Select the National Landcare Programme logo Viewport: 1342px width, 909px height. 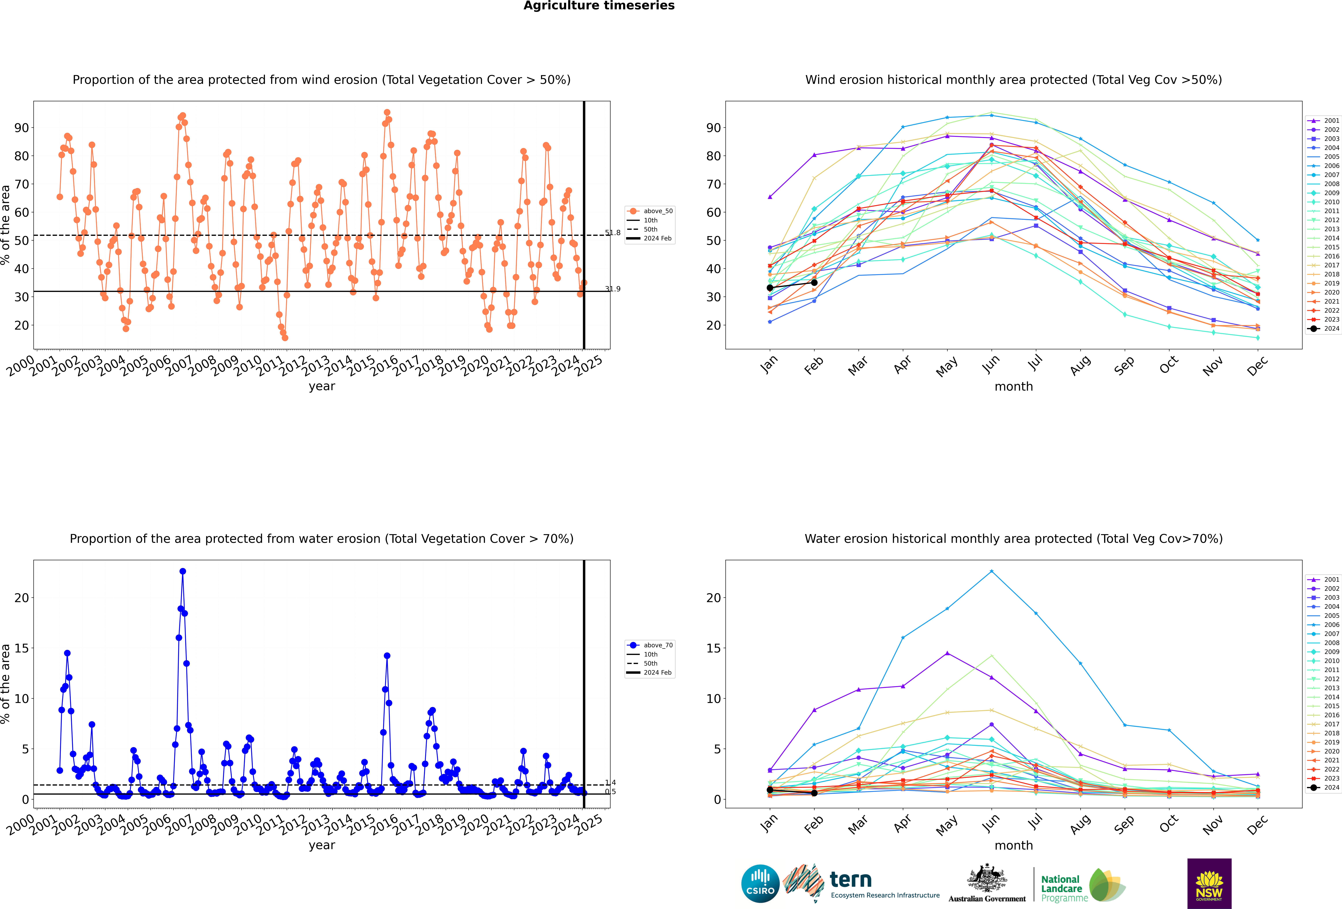1083,885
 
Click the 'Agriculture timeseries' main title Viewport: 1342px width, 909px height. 599,6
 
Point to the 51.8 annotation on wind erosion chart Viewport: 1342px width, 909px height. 613,233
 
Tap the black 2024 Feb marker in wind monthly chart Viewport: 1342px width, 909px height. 814,282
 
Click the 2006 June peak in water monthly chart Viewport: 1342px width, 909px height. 992,571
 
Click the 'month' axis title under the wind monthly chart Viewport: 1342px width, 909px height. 1013,387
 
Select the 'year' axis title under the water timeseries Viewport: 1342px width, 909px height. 322,846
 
